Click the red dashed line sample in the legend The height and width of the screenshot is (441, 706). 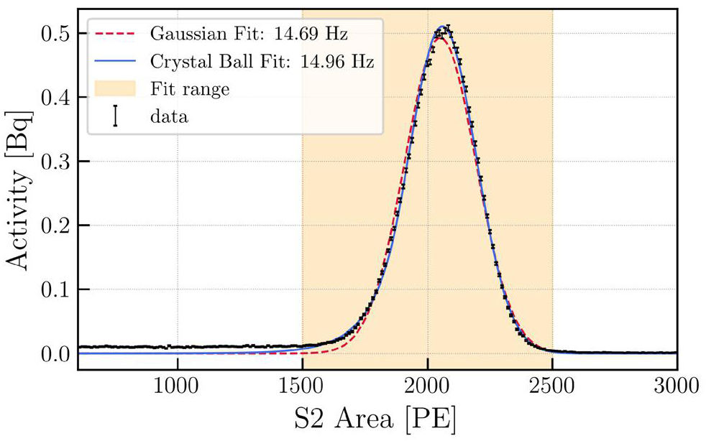tap(115, 34)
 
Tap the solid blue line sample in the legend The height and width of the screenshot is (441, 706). tap(115, 61)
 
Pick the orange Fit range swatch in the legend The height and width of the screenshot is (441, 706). tap(115, 88)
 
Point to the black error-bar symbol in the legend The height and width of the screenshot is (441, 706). tap(115, 116)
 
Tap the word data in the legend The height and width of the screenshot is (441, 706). tap(170, 116)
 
